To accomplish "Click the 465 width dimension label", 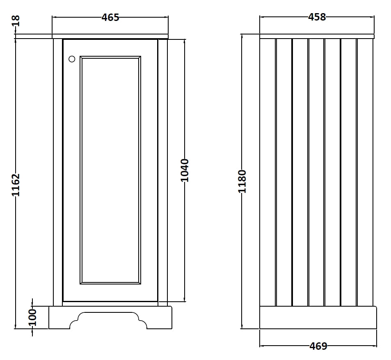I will (x=110, y=17).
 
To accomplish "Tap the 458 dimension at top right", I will (x=317, y=17).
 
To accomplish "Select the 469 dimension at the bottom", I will (x=318, y=346).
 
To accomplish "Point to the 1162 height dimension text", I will (x=16, y=184).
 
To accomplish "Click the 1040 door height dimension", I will (x=185, y=170).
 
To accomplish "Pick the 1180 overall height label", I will (x=242, y=181).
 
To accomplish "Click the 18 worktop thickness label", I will (x=16, y=21).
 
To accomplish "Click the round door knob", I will (x=72, y=59).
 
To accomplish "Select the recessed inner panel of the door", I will (x=110, y=170).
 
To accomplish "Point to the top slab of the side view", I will (x=317, y=36).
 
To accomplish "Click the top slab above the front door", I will (x=110, y=36).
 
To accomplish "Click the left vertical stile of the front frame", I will (x=58, y=172).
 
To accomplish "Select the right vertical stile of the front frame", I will (x=163, y=172).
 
